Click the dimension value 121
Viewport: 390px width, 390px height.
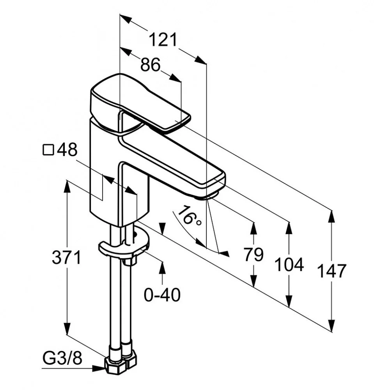163,40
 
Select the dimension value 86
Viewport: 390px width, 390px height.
150,65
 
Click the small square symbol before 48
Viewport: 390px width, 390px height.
48,150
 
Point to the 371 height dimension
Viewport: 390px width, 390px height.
67,258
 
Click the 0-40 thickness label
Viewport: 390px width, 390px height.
162,295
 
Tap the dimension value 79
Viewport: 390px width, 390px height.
254,255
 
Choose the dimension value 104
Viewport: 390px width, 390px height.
289,265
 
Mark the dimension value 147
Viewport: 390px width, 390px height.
331,271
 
